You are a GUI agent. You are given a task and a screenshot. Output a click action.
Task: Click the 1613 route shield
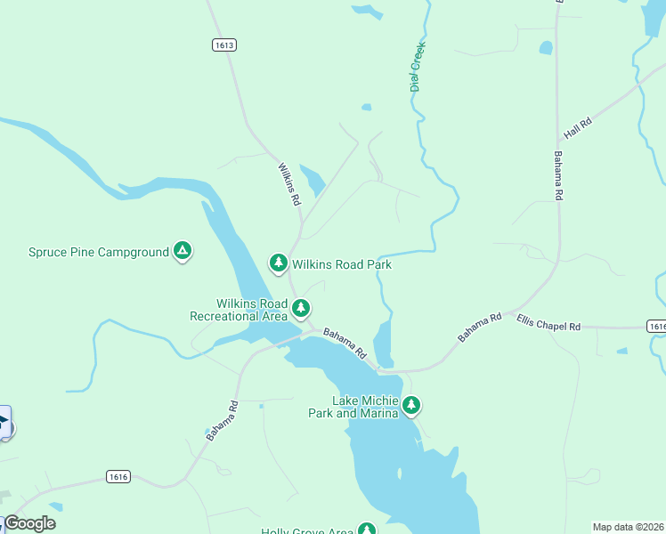(224, 44)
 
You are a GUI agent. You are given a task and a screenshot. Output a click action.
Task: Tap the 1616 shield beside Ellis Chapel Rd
(657, 327)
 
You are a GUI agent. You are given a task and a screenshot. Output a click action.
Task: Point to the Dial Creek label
(416, 67)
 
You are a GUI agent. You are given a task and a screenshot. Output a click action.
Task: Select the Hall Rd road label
(578, 129)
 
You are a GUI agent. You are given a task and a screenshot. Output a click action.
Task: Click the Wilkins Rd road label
(289, 184)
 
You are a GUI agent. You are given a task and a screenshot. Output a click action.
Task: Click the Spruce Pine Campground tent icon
(183, 252)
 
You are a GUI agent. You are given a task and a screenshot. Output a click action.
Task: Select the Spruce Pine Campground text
(98, 253)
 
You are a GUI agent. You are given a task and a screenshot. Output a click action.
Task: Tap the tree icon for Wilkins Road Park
(279, 263)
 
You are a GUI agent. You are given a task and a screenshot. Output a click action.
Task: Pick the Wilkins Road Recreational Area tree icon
(302, 308)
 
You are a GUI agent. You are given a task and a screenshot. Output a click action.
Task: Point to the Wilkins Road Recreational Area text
(239, 310)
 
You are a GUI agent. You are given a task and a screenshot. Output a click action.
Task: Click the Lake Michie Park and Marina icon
(410, 406)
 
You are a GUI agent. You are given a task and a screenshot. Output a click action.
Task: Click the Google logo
(29, 523)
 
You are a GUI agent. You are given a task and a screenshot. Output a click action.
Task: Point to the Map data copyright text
(629, 527)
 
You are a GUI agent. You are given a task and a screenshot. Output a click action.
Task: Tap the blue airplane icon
(3, 422)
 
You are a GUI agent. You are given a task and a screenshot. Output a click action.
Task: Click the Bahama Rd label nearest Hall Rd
(558, 174)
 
